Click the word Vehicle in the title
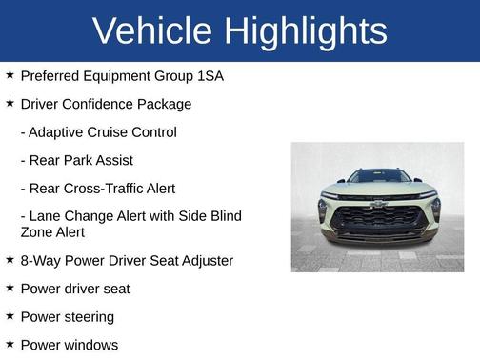tap(152, 31)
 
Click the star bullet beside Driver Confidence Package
tap(10, 103)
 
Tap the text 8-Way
tap(39, 260)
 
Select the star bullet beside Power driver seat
tap(10, 288)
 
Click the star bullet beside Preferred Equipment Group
tap(10, 74)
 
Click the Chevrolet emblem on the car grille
tap(378, 203)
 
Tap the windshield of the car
tap(378, 177)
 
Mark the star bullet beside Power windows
tap(10, 344)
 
